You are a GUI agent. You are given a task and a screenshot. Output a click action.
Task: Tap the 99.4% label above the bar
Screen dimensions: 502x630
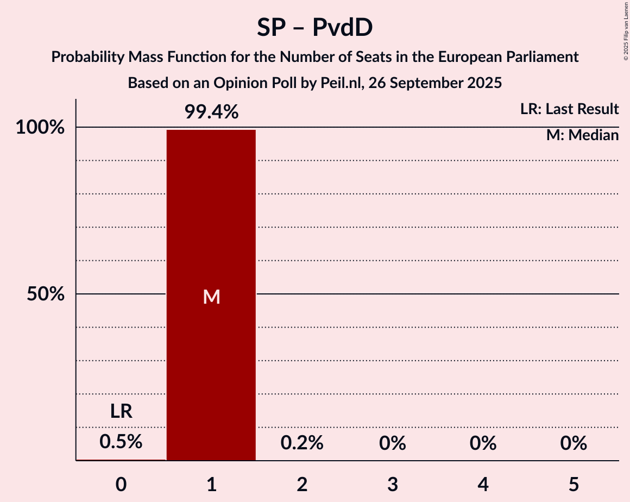tap(211, 112)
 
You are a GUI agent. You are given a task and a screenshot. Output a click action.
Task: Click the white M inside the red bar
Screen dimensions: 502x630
tap(211, 297)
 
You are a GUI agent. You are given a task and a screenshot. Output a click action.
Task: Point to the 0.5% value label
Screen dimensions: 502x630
tap(121, 442)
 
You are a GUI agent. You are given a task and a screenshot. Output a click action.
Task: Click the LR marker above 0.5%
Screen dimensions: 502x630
tap(121, 411)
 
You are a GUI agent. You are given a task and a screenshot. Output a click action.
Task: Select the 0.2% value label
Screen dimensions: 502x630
tap(302, 443)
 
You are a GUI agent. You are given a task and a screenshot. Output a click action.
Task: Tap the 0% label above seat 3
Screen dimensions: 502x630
tap(393, 443)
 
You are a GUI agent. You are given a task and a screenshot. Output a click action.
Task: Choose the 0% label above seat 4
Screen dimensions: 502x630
tap(483, 443)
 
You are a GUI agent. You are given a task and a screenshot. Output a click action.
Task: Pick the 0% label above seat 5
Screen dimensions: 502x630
tap(574, 443)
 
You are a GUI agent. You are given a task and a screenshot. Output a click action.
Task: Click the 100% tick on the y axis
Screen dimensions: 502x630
tap(40, 128)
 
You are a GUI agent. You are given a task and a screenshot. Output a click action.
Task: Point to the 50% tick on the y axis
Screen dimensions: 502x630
tap(45, 294)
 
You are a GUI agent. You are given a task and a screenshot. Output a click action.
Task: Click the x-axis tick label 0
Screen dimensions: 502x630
tap(121, 485)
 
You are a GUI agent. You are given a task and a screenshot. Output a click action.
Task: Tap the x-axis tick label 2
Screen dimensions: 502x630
tap(302, 485)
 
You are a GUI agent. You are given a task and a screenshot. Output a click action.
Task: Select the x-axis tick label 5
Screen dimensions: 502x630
tap(574, 485)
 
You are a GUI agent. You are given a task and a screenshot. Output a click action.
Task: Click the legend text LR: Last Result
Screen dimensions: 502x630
tap(569, 109)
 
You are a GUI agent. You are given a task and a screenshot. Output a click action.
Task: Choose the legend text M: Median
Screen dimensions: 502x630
tap(582, 135)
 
